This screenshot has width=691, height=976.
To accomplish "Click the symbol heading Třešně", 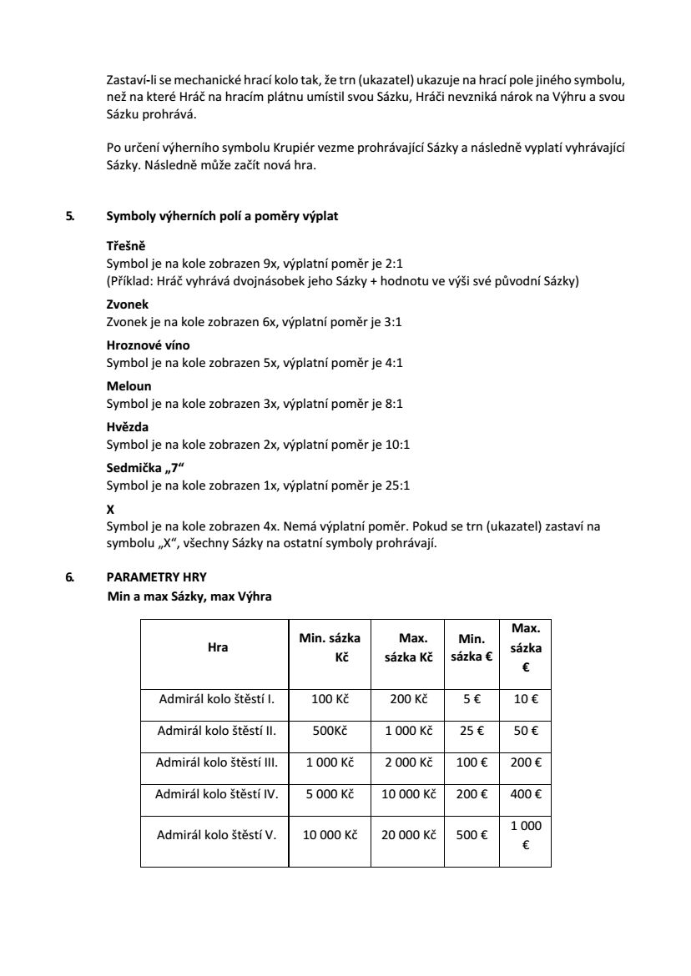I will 126,247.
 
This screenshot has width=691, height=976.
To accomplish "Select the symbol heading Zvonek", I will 128,304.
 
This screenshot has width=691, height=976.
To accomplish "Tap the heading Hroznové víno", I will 148,345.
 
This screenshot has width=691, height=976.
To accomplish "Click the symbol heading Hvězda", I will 128,427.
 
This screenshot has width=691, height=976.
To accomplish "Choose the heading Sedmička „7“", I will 141,468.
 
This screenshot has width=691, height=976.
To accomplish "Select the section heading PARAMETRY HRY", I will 157,576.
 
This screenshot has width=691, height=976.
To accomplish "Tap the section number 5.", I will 69,216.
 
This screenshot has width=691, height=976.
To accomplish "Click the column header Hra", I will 217,646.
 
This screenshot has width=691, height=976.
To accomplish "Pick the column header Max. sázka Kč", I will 409,646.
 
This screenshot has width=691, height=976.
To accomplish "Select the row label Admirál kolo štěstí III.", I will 217,762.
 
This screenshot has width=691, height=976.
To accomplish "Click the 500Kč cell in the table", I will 330,731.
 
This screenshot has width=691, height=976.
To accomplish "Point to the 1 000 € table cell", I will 526,834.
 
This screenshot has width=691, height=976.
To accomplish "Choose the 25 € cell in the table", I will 472,731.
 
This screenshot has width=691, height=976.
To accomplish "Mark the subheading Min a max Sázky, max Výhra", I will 189,596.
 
